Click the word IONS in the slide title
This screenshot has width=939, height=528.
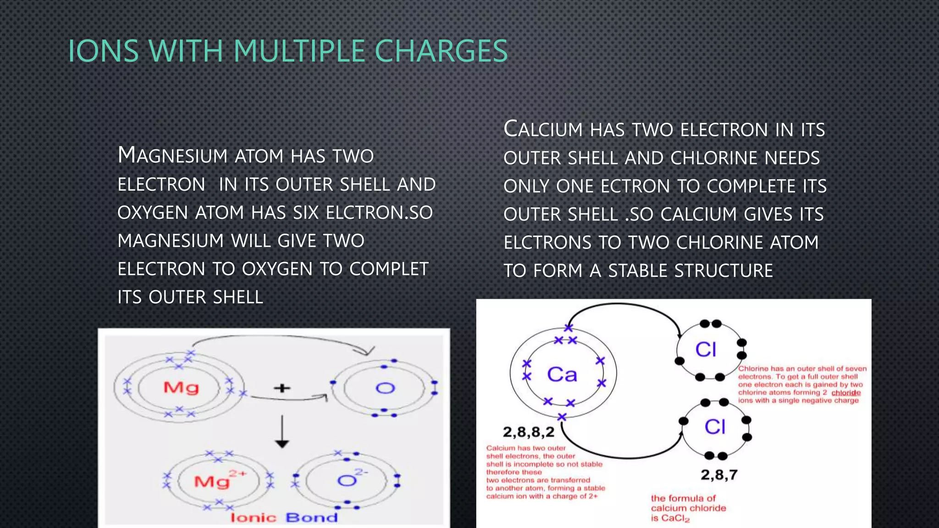coord(103,51)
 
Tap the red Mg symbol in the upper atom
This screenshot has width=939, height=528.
coord(181,388)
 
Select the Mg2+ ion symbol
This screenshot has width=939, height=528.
coord(215,480)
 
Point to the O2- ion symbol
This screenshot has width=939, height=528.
coord(349,479)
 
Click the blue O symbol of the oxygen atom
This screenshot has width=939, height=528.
coord(385,389)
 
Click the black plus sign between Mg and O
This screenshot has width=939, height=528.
coord(282,388)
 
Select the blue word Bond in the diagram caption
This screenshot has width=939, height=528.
coord(312,518)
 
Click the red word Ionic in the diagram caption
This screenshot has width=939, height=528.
coord(254,518)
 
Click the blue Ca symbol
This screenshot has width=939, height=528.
coord(562,374)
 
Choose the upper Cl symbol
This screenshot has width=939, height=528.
coord(706,350)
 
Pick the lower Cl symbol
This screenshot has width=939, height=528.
coord(715,427)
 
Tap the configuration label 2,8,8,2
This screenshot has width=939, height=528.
coord(529,432)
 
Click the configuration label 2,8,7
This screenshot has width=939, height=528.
coord(719,474)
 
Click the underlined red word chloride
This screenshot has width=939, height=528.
coord(846,393)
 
